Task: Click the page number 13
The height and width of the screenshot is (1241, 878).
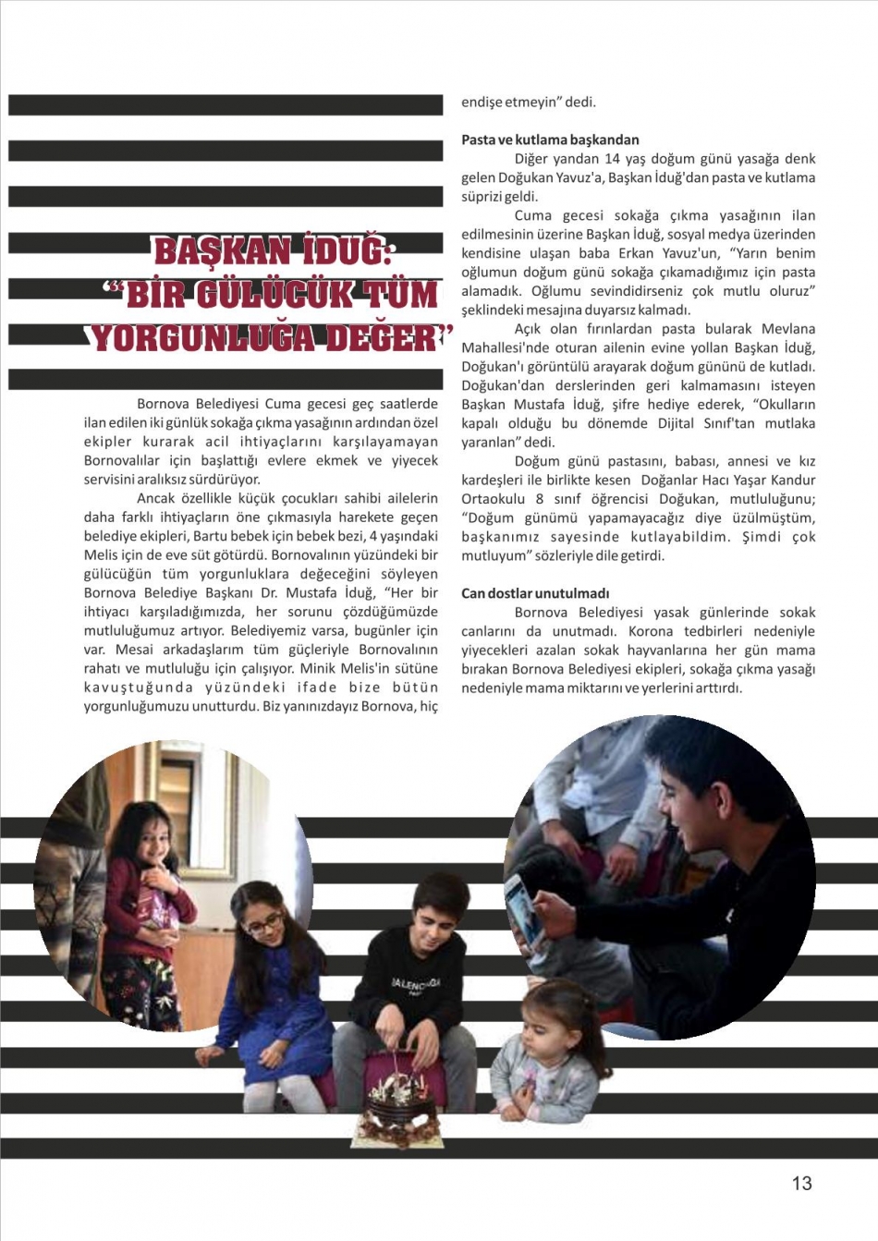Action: (801, 1183)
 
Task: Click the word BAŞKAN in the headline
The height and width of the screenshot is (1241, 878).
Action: (222, 251)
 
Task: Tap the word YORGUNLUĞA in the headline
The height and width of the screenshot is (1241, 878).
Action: (204, 337)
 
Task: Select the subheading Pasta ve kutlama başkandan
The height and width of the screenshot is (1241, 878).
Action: (550, 140)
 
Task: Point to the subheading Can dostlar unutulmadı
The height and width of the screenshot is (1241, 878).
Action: (535, 593)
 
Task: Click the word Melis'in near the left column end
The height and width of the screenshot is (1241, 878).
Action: (371, 668)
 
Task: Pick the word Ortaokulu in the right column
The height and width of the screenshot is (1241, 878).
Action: (493, 499)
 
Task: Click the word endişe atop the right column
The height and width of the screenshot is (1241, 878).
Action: (482, 103)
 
